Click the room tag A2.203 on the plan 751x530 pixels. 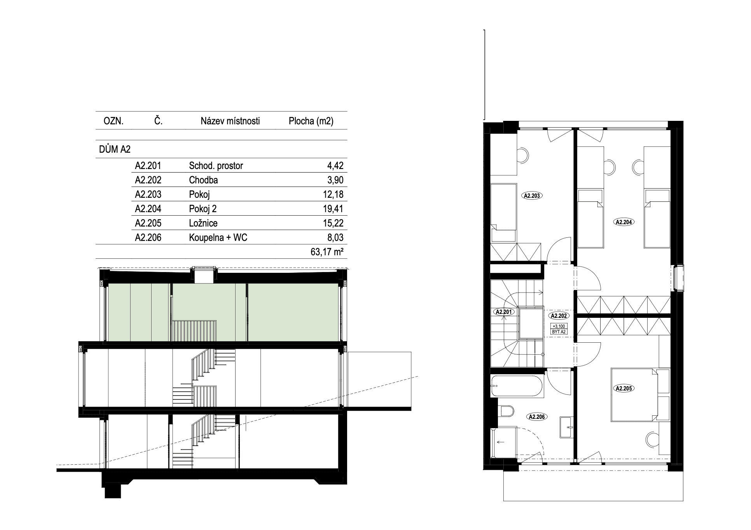tap(532, 196)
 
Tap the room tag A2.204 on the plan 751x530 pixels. tap(624, 222)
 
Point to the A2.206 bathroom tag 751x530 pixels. tap(537, 417)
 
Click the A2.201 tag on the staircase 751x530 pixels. tap(504, 312)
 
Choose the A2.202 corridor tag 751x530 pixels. tap(559, 316)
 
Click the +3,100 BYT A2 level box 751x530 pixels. tap(559, 329)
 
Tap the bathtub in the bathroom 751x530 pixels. tap(517, 386)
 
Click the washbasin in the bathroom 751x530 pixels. tap(566, 427)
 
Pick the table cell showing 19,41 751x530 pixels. tap(333, 209)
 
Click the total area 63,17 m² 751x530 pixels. tap(327, 252)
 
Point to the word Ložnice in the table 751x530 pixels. tap(203, 223)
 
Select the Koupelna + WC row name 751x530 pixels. tap(218, 237)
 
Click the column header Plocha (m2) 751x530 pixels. tap(311, 121)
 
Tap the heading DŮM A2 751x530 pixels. tap(115, 149)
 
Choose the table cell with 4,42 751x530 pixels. tap(335, 166)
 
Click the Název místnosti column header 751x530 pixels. tap(230, 121)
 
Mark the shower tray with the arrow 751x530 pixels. tap(504, 442)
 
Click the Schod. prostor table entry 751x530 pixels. tap(216, 166)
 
